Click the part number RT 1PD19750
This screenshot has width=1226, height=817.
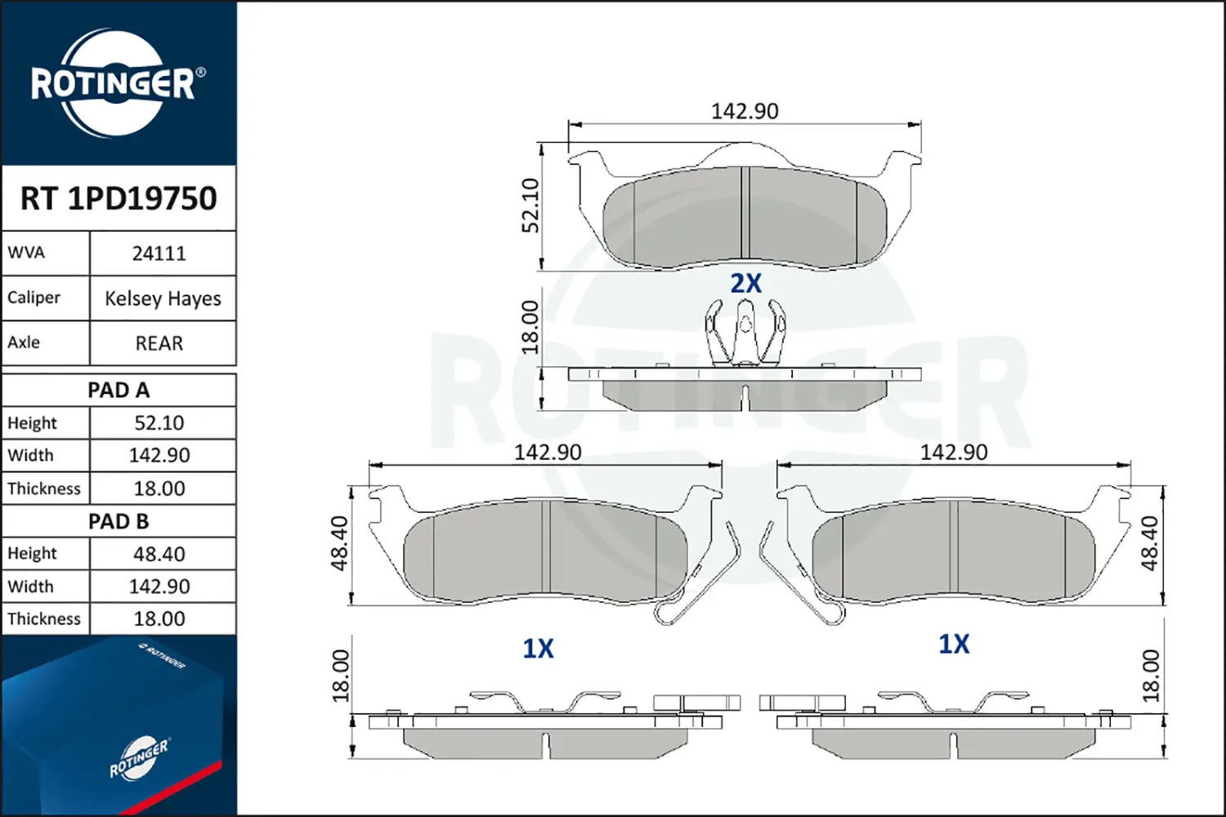tap(119, 198)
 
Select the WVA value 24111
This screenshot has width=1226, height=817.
tap(159, 253)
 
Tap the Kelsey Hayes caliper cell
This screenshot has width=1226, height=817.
tap(163, 298)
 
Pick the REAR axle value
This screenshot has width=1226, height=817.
tap(159, 343)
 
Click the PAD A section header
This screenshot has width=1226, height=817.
tap(119, 391)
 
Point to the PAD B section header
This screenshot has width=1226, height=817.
tap(119, 521)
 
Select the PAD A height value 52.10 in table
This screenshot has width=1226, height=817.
tap(159, 422)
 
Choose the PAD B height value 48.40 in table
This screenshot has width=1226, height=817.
tap(159, 554)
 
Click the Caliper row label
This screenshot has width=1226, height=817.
tap(34, 297)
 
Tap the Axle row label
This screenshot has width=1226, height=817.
tap(24, 342)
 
